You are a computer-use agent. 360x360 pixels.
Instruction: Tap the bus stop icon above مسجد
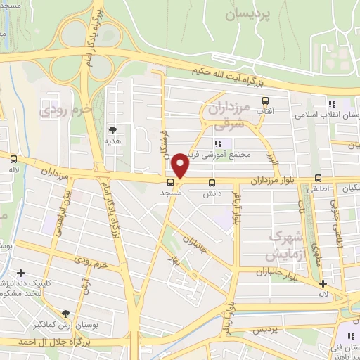[x=172, y=181]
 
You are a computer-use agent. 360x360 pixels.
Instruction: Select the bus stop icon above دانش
[x=212, y=181]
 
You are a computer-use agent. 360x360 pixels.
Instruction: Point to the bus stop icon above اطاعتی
[x=319, y=177]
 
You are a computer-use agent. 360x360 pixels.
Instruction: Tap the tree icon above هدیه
[x=113, y=129]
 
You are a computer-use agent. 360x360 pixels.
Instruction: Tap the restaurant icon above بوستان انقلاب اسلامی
[x=330, y=105]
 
